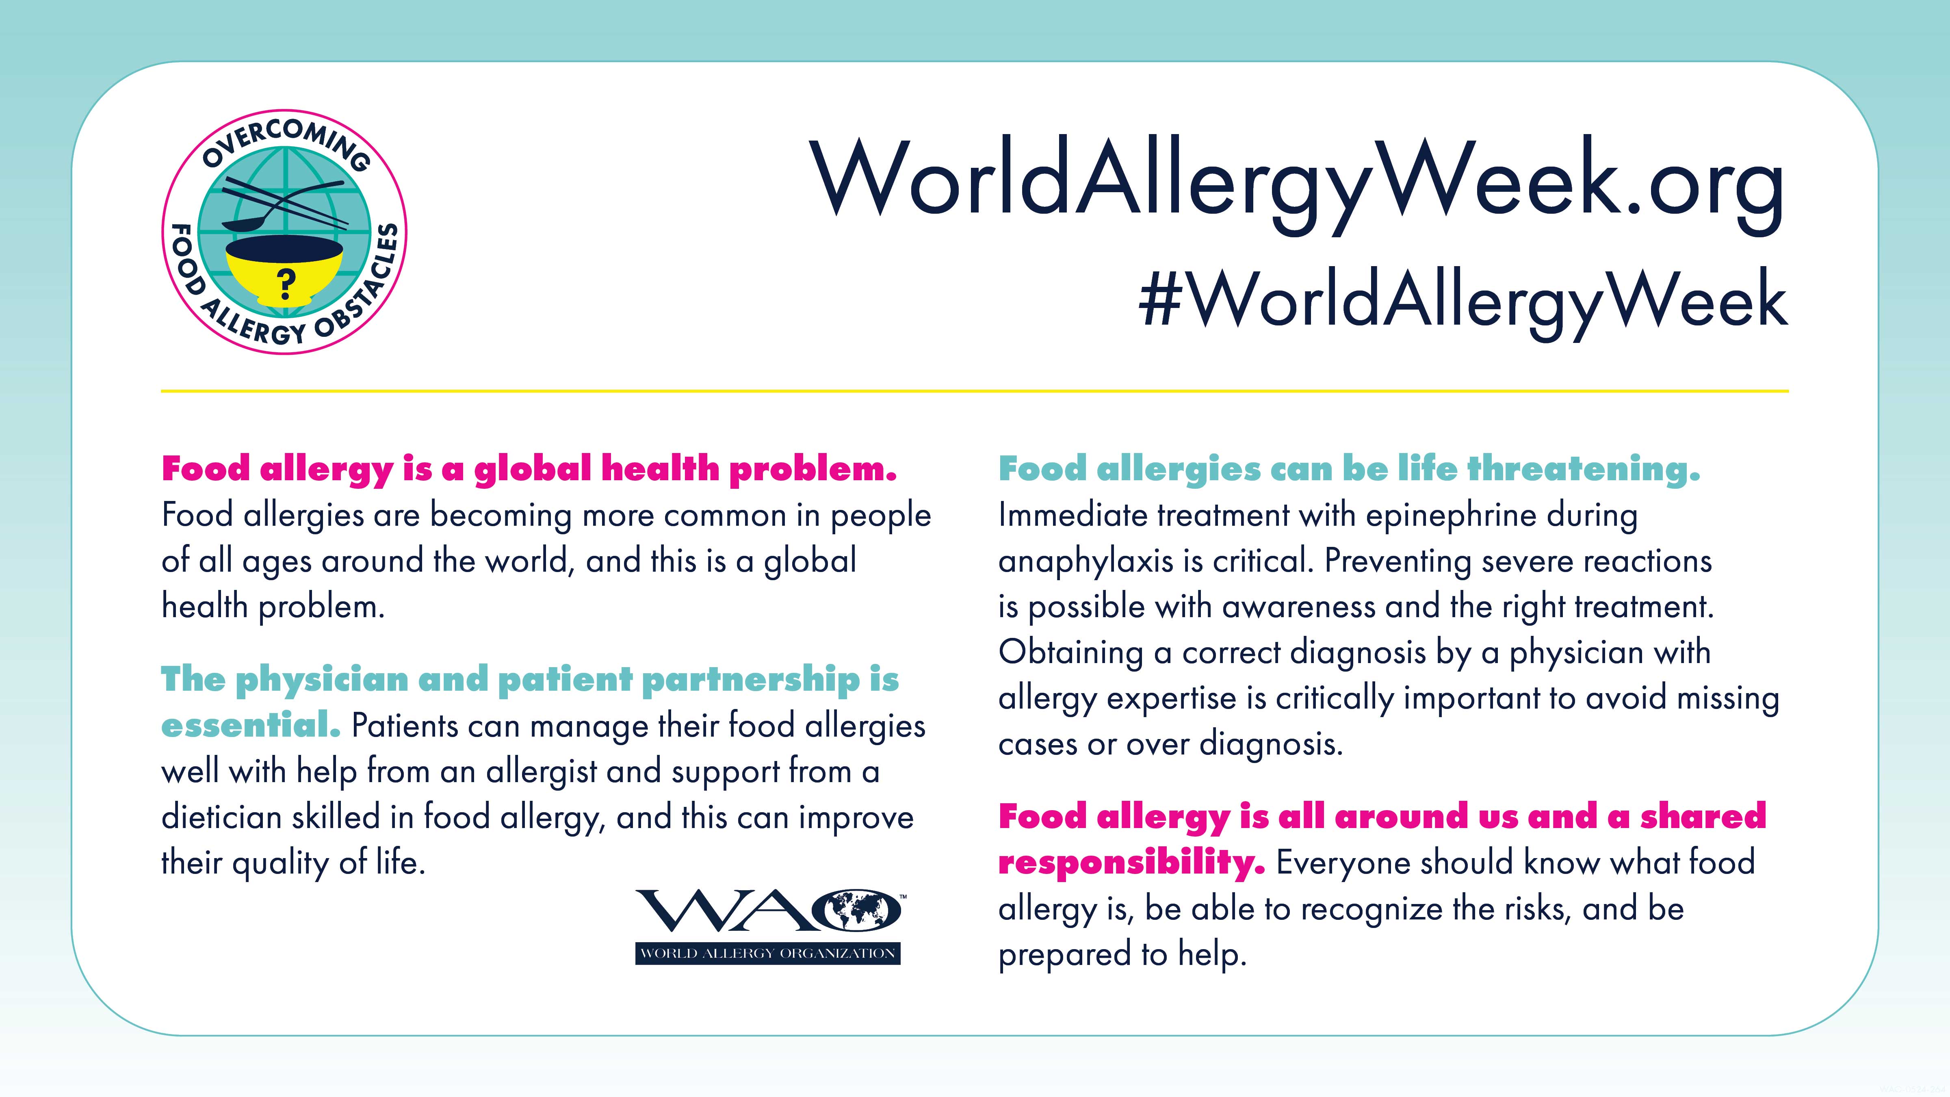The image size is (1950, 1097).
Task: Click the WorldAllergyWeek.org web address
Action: [1299, 186]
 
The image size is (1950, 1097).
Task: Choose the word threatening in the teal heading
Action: [1584, 469]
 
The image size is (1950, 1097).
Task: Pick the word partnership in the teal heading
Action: [750, 680]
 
